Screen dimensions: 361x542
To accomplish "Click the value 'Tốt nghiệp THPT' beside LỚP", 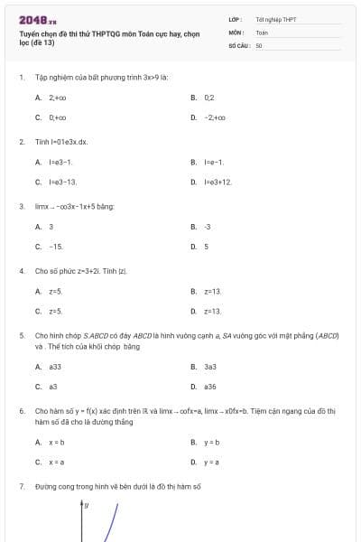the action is click(275, 18).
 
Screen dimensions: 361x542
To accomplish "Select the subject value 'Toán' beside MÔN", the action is click(262, 31).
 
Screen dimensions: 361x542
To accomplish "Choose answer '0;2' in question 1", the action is click(209, 97).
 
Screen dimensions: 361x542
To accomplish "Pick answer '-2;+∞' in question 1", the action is click(215, 117).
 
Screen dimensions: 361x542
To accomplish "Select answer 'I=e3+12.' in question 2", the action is click(218, 182).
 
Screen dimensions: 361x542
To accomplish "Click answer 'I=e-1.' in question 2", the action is click(214, 162).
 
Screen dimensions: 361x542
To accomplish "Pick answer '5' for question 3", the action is click(207, 246).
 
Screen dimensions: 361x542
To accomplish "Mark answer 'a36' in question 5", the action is click(210, 386).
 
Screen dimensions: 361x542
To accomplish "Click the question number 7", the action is click(22, 486).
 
